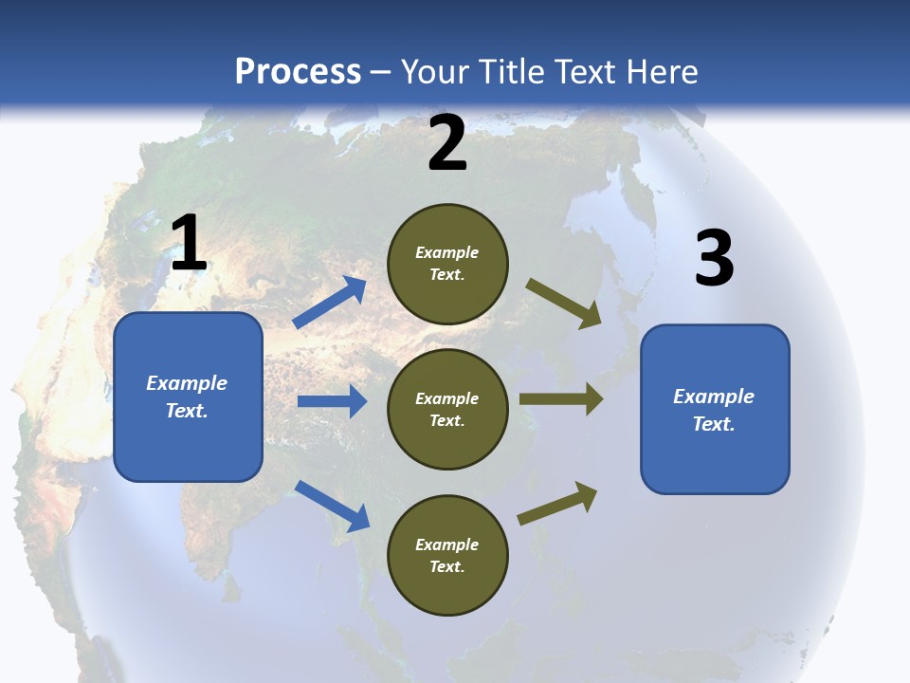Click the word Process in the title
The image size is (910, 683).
point(298,72)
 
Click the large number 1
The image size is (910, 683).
point(189,243)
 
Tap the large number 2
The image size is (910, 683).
point(447,144)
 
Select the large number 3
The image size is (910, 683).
point(714,259)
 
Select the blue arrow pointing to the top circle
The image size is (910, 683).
point(330,303)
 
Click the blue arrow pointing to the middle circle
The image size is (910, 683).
point(332,401)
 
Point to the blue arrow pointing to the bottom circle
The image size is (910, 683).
point(332,505)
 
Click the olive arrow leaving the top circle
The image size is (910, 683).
point(564,304)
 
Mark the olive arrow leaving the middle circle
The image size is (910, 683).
point(561,399)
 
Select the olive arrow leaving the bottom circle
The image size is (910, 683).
point(558,504)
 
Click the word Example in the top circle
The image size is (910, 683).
point(447,252)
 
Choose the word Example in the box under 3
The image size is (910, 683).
point(714,397)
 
